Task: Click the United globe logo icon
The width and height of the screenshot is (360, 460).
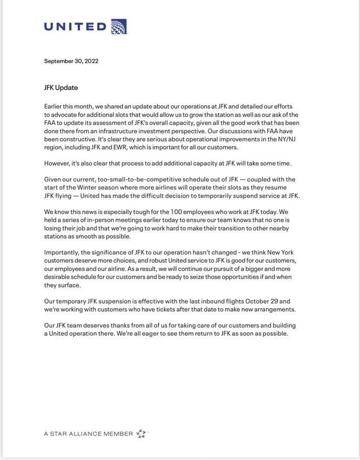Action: tap(118, 27)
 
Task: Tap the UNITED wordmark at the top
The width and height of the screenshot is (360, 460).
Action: tap(75, 27)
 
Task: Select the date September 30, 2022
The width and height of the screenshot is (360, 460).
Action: tap(71, 61)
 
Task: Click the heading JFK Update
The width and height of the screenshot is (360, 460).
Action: tap(61, 87)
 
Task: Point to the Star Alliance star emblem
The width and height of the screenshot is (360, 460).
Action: tap(141, 433)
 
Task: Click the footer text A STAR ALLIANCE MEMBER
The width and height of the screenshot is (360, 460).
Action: tap(88, 434)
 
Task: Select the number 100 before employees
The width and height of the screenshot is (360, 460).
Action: tap(176, 212)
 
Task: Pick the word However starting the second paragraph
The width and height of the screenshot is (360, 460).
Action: tap(56, 164)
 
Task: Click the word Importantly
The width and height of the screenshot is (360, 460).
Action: tap(62, 252)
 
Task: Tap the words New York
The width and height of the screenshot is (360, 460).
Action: tap(280, 252)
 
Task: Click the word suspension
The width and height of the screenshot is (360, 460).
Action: tap(114, 301)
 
